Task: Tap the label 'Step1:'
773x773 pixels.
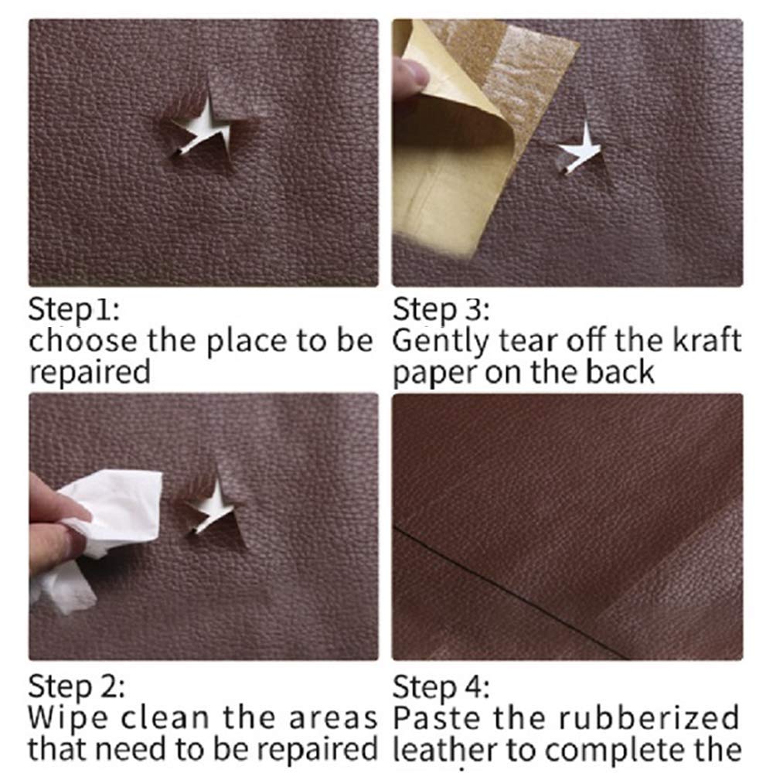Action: tap(74, 310)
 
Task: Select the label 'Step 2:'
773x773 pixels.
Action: tap(77, 687)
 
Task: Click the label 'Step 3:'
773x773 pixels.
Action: tap(441, 310)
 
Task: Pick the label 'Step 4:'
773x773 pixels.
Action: tap(441, 687)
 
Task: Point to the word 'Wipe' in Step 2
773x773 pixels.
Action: tap(58, 718)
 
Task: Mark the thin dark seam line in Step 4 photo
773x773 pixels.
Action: tap(510, 587)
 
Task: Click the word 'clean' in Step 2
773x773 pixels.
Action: tap(154, 718)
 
